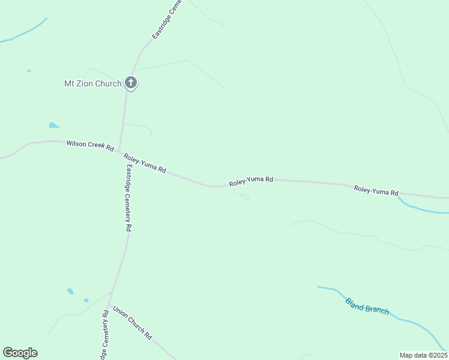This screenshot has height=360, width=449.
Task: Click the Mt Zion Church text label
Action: (92, 83)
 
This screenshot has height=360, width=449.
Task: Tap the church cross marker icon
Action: (131, 83)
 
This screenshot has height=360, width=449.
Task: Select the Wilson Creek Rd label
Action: (90, 145)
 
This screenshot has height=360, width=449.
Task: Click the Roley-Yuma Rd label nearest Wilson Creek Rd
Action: (145, 163)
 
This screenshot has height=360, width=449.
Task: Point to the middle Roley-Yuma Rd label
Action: (251, 179)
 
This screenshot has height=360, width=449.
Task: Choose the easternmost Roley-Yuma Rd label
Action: (376, 191)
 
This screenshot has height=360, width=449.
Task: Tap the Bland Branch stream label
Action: (367, 306)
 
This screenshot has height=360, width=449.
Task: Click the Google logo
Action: (20, 353)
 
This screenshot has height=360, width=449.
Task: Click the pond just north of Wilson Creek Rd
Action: (54, 125)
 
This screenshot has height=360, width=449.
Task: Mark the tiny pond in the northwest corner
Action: (29, 71)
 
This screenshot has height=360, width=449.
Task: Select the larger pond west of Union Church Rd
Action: (70, 292)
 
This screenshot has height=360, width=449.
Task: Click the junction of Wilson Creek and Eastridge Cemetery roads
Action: (119, 151)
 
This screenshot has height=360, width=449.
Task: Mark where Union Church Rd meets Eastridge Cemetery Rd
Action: (111, 293)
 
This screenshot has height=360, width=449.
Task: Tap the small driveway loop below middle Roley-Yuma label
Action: (245, 197)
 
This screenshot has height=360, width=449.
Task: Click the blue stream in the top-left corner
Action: (24, 34)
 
